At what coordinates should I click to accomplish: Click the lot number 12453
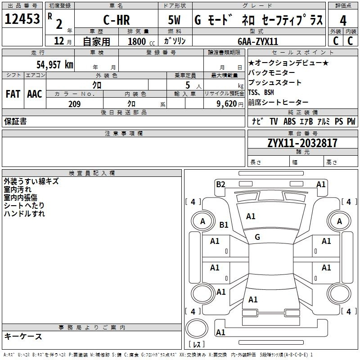click(22, 19)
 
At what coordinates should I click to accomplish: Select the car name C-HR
click(117, 20)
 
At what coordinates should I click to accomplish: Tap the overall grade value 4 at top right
click(343, 21)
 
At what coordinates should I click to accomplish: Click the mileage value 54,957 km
click(55, 64)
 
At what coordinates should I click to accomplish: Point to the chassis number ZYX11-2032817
click(302, 143)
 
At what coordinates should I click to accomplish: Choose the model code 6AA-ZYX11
click(258, 41)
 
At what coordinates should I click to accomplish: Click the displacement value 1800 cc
click(141, 41)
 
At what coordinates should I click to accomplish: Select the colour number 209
click(75, 104)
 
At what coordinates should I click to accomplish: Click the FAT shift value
click(13, 94)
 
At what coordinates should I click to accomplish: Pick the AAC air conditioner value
click(35, 94)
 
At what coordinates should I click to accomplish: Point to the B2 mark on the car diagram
click(220, 184)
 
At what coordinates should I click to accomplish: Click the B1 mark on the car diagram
click(224, 225)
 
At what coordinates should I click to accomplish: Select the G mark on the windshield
click(257, 237)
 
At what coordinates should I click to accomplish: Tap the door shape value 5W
click(174, 20)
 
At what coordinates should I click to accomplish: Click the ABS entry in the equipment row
click(289, 121)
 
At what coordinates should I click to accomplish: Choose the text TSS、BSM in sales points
click(261, 92)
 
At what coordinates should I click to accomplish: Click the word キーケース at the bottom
click(23, 336)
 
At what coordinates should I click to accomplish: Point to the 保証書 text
click(15, 121)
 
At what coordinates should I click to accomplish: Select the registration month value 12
click(59, 41)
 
